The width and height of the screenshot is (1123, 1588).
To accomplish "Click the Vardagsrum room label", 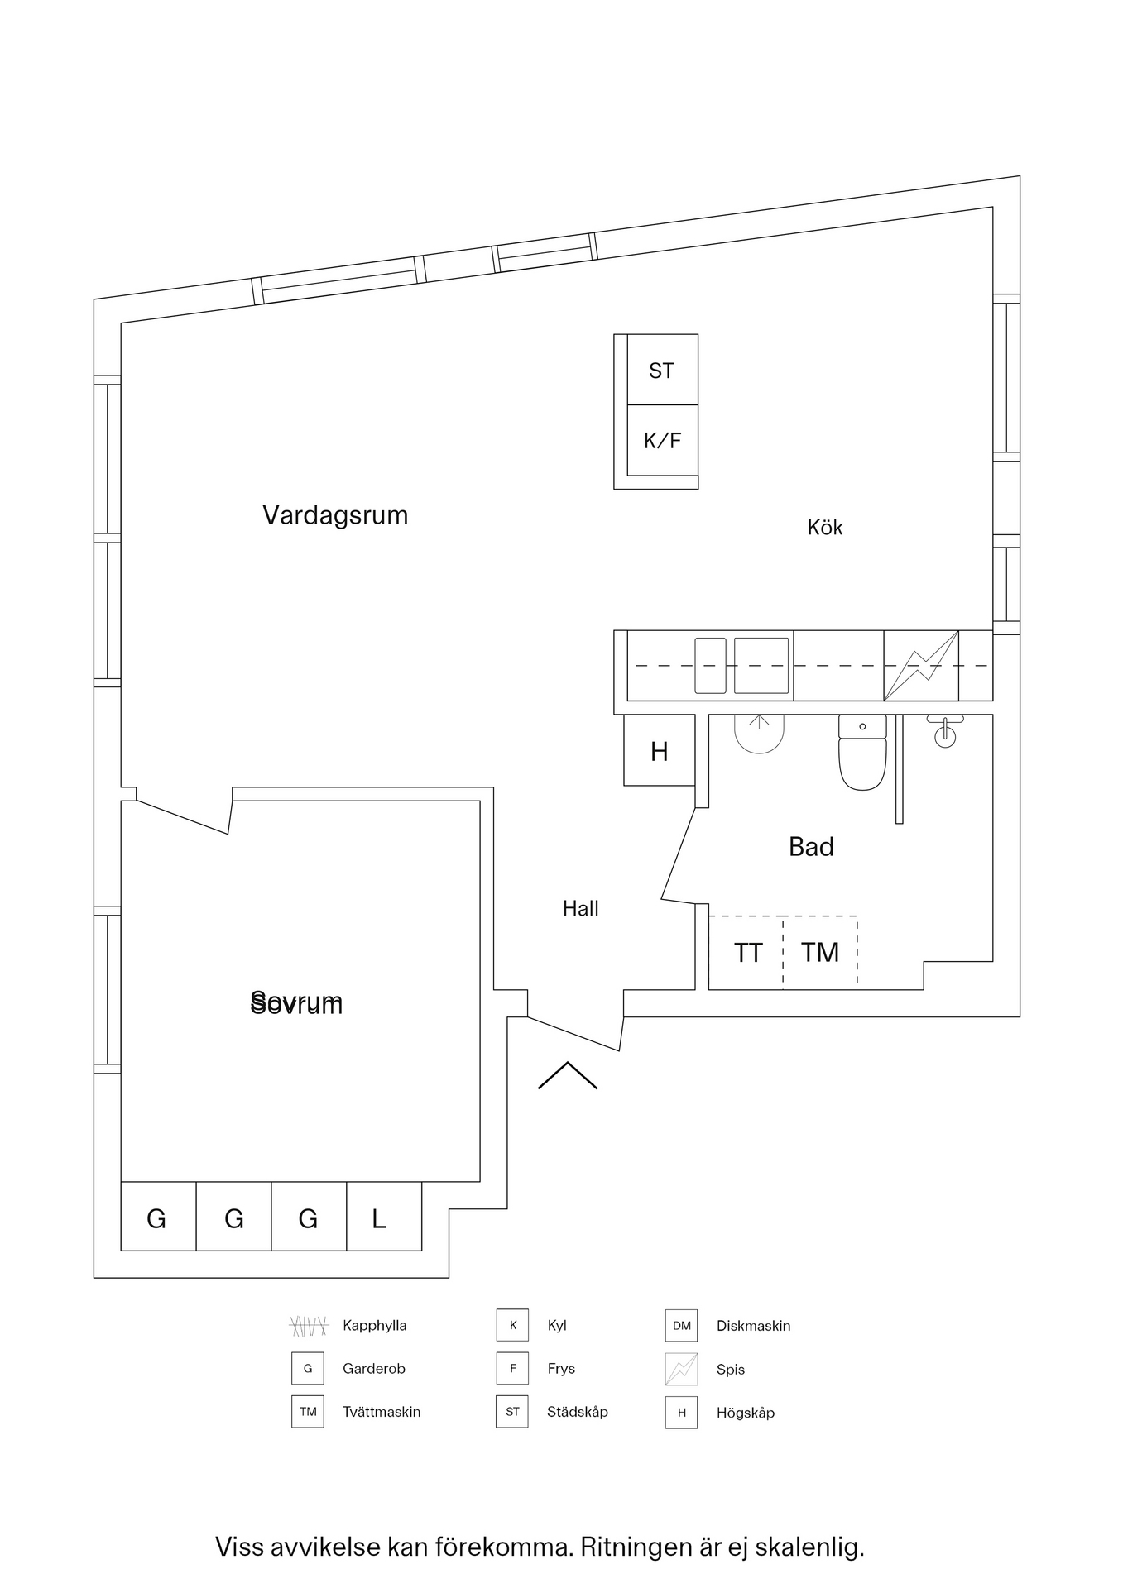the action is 335,515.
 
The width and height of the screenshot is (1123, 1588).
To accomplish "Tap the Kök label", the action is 824,528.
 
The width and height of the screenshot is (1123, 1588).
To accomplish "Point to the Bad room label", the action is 811,847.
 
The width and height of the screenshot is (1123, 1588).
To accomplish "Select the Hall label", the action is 580,909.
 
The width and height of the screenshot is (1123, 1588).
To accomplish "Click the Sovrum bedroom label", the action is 296,1003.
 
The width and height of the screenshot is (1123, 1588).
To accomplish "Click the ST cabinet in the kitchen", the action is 662,371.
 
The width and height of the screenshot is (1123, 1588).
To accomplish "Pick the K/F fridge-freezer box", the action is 662,441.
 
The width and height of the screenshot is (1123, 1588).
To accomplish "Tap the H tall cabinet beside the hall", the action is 659,751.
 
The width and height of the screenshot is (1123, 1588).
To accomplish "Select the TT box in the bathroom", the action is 747,953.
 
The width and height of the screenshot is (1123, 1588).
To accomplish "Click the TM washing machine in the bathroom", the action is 820,953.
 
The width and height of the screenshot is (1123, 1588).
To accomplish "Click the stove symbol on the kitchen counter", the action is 921,666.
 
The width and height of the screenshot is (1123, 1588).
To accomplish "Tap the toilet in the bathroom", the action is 862,753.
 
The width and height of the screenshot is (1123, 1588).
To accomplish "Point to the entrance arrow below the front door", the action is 568,1075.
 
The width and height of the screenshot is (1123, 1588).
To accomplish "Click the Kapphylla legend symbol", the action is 309,1326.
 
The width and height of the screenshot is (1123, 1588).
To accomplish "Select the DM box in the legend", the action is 681,1326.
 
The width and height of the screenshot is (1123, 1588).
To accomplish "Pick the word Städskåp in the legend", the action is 577,1412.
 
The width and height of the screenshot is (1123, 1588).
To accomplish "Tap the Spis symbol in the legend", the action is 681,1370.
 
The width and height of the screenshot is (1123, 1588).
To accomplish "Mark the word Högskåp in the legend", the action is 745,1413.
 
